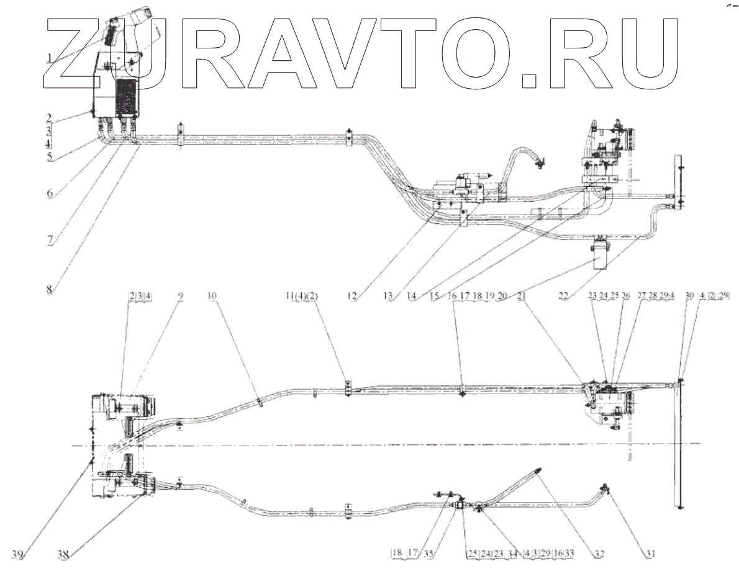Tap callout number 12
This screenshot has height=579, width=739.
(353, 297)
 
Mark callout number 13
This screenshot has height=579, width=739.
(391, 297)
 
